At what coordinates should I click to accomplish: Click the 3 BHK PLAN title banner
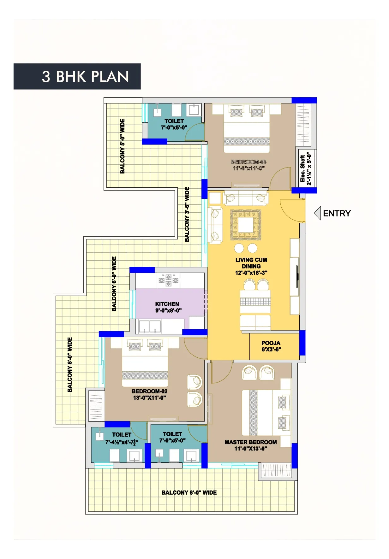(x=77, y=76)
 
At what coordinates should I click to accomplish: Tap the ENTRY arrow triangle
(x=318, y=213)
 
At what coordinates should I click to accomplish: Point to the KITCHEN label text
(x=167, y=304)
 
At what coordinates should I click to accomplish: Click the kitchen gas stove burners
(x=169, y=280)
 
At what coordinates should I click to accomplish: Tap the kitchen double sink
(x=150, y=327)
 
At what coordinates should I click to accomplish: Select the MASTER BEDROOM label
(x=251, y=442)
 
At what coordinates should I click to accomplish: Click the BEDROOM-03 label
(x=248, y=162)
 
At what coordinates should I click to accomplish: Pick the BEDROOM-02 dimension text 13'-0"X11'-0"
(x=149, y=397)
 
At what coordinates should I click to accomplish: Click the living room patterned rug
(x=246, y=225)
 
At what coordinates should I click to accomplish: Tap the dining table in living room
(x=255, y=301)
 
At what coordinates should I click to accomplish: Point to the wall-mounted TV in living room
(x=297, y=277)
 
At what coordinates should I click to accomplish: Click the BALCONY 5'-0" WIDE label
(x=123, y=146)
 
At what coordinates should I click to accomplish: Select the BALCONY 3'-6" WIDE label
(x=187, y=214)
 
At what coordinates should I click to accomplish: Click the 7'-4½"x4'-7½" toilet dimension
(x=122, y=442)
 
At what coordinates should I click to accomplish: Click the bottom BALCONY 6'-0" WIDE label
(x=189, y=492)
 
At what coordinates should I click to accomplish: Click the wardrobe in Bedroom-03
(x=303, y=125)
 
